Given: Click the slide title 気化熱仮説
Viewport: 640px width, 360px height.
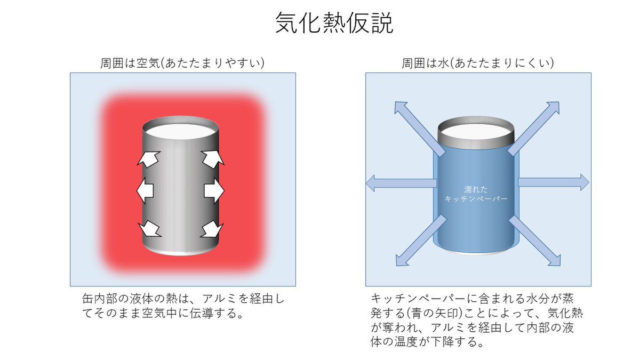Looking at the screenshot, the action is click(334, 24).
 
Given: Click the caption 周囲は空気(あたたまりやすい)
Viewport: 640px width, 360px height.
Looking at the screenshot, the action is click(183, 63).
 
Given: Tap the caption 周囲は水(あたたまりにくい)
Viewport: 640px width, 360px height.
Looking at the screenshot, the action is click(478, 63).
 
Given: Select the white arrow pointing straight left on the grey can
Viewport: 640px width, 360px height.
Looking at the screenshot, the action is click(145, 190).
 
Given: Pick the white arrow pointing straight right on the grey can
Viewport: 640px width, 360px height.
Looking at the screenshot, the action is click(214, 190).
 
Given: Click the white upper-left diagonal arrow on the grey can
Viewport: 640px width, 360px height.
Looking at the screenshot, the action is click(149, 158).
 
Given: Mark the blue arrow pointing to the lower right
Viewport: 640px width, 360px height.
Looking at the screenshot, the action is click(537, 241).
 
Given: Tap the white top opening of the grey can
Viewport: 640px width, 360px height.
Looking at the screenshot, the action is click(181, 130).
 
